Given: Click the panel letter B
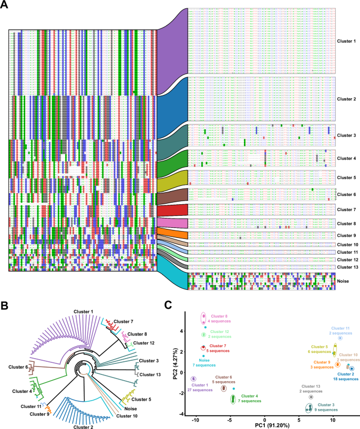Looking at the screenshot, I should click(5, 304).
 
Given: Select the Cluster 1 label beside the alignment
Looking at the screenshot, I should click(346, 41).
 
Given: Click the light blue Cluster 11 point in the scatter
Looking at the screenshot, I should click(340, 338).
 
